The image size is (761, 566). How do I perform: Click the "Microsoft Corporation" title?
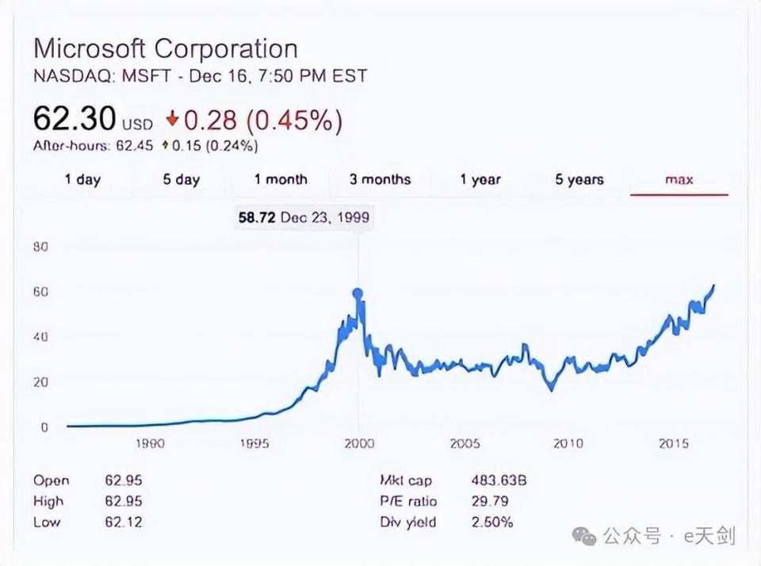click(x=166, y=49)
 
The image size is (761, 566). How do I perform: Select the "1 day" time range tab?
click(x=82, y=180)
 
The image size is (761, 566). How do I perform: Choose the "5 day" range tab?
click(x=181, y=180)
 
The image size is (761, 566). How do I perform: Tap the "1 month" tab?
click(x=281, y=179)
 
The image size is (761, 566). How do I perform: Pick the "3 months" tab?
click(x=380, y=179)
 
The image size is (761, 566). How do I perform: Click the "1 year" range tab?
click(x=480, y=180)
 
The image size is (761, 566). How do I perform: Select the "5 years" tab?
click(x=579, y=180)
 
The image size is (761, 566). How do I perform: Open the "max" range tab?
click(x=679, y=180)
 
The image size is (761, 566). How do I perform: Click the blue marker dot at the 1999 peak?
click(x=358, y=293)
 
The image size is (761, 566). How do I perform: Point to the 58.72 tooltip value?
click(x=257, y=217)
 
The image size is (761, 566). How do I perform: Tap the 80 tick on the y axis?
click(x=40, y=247)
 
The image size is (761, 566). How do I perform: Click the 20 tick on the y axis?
click(x=40, y=382)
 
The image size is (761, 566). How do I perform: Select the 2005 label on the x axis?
click(x=465, y=443)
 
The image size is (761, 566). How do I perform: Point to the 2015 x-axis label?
click(x=673, y=443)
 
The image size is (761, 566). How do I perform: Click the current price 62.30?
click(x=75, y=118)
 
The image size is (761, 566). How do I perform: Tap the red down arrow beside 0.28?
click(x=172, y=118)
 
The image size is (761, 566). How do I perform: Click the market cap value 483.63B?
click(x=499, y=480)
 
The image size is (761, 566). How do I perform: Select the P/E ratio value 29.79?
click(x=490, y=501)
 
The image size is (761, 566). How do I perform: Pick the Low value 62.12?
click(x=124, y=522)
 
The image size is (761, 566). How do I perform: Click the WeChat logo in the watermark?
click(x=584, y=536)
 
